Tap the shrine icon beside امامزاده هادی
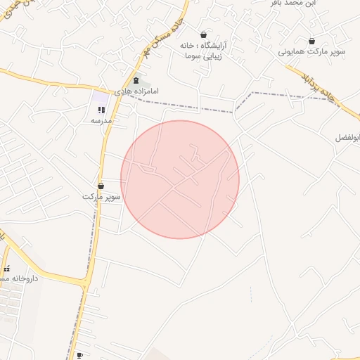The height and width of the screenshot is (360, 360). tap(136, 81)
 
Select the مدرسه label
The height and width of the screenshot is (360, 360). tap(102, 121)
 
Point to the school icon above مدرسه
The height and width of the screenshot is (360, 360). tap(101, 110)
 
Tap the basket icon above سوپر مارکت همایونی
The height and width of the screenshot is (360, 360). tap(311, 41)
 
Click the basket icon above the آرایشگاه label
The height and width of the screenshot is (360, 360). tap(204, 34)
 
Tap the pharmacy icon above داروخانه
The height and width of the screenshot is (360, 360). tap(7, 268)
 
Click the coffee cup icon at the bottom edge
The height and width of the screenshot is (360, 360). tap(79, 356)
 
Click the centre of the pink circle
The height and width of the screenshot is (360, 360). tap(180, 179)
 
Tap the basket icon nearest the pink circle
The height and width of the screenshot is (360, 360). tap(101, 186)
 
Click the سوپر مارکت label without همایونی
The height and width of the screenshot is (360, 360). tap(101, 197)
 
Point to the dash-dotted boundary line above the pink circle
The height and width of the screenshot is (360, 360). tap(190, 108)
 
